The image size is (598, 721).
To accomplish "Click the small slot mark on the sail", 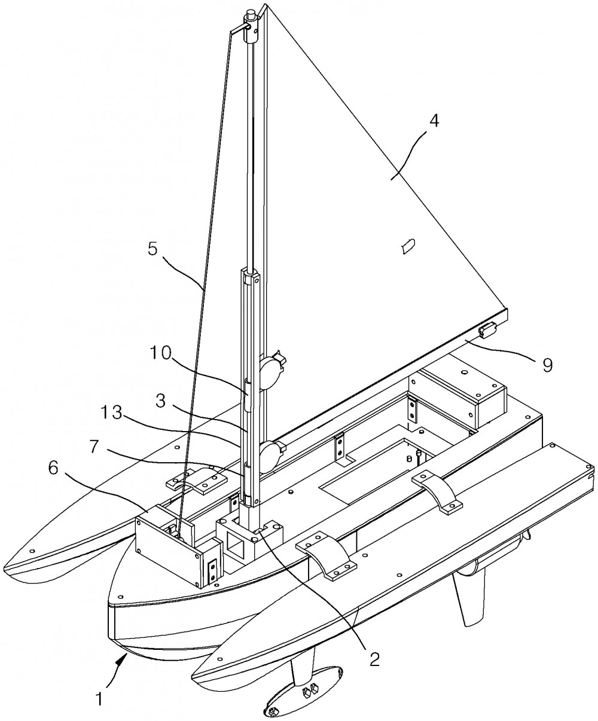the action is (408, 246).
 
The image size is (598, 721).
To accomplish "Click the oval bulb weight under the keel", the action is (303, 696).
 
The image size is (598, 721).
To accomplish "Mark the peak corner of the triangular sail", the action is (266, 5).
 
